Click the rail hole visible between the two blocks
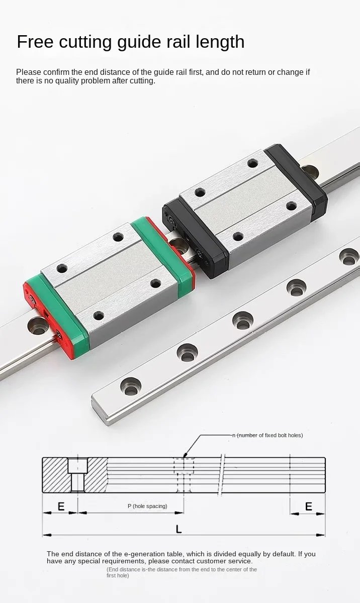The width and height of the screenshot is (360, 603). [176, 246]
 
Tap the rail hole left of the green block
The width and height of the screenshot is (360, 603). [38, 325]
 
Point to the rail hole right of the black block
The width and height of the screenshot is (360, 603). [310, 172]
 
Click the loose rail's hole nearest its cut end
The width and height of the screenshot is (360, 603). [131, 386]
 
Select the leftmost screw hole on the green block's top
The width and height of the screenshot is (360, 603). [62, 268]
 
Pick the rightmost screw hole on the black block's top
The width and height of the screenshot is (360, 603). [291, 206]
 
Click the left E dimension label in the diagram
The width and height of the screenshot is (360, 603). [61, 507]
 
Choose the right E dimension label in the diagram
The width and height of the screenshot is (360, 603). [308, 507]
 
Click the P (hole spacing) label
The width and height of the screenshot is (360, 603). [147, 506]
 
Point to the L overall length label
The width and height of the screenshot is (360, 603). [178, 529]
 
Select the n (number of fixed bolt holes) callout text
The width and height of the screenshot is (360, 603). [267, 435]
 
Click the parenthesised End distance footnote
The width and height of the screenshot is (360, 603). [182, 572]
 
